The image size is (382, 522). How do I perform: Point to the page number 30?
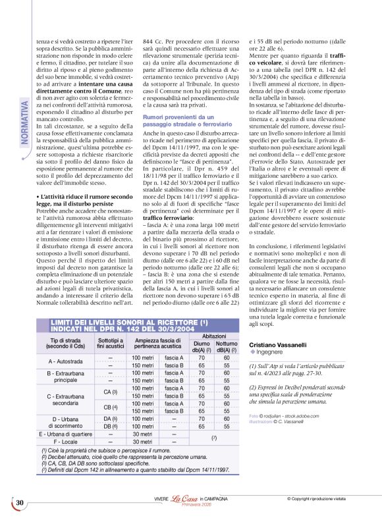click(x=20, y=503)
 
